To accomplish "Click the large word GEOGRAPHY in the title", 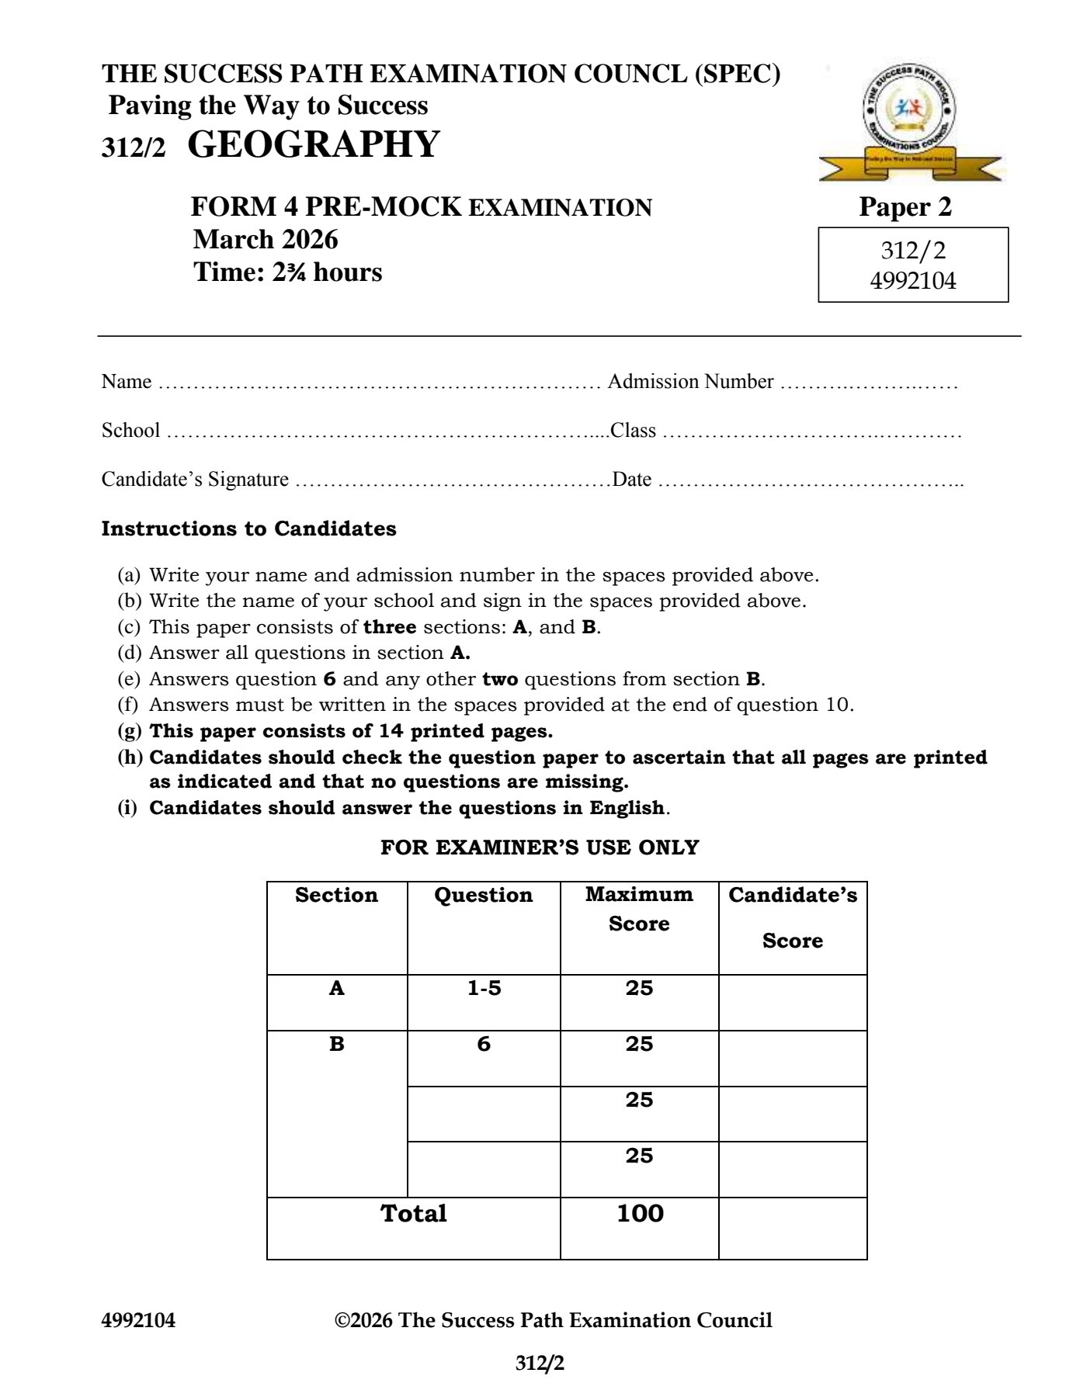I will [314, 145].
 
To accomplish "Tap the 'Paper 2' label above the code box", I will [905, 207].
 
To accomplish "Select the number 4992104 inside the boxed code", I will [913, 279].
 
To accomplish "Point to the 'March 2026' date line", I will [266, 240].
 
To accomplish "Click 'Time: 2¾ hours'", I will [288, 272].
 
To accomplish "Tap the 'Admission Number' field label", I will [690, 382].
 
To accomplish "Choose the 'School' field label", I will [130, 431].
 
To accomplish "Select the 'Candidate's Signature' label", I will [195, 480].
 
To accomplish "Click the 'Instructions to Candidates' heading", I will [248, 529].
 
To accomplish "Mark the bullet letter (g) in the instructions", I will [130, 731].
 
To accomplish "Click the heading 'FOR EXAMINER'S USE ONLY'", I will [540, 848].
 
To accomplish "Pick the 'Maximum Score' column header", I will [639, 909].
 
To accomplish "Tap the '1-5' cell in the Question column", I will [484, 989].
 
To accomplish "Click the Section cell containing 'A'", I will [336, 989].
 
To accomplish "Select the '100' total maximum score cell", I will [640, 1214].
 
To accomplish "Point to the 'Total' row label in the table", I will [413, 1214].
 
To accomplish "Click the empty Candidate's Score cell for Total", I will [792, 1228].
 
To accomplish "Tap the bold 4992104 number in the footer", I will [138, 1321].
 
